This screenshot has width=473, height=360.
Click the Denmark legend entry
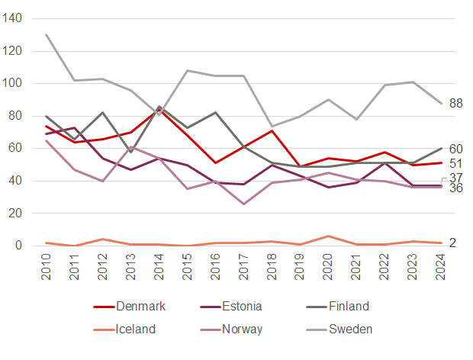140,307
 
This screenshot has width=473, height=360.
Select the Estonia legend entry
240,307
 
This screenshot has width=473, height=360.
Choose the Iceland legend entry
136,329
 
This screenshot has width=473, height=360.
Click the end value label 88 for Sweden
456,104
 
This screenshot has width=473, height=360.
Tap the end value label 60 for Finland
456,149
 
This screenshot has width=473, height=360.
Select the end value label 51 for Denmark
456,164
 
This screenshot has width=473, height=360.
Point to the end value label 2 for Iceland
452,243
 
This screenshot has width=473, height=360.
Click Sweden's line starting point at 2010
47,34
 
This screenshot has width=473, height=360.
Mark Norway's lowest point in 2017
243,204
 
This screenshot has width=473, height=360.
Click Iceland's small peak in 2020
328,236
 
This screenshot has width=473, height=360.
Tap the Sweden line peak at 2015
188,70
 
